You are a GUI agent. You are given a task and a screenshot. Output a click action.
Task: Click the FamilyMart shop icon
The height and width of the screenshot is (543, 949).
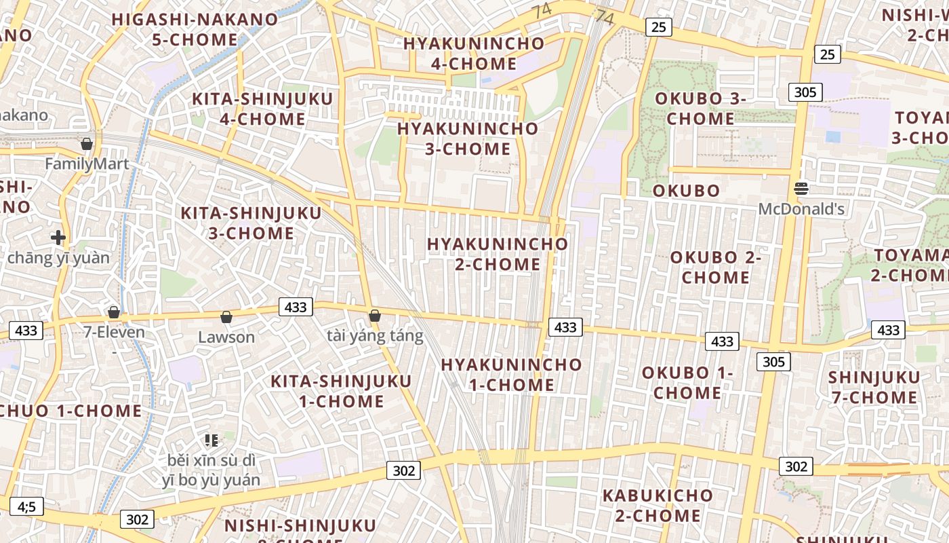[87, 144]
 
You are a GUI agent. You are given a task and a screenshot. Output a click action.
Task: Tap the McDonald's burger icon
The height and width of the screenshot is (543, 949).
[802, 189]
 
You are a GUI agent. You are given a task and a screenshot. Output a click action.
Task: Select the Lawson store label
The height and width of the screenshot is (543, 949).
[226, 337]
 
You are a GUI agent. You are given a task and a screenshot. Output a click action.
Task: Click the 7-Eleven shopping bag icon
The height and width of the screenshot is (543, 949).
[114, 312]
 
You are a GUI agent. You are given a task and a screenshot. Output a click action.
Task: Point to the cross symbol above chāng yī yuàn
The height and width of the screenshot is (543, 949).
[58, 238]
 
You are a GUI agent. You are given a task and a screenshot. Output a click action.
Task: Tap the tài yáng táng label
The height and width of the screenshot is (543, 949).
[375, 335]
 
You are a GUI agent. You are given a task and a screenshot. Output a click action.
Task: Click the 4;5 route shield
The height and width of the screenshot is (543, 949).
[26, 506]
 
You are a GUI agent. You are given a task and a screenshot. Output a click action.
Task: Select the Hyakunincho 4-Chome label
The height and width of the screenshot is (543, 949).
[474, 54]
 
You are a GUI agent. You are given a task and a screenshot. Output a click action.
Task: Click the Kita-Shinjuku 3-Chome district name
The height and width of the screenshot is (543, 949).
[251, 223]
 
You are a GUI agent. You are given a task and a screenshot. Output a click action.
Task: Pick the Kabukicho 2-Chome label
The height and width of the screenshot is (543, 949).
[658, 506]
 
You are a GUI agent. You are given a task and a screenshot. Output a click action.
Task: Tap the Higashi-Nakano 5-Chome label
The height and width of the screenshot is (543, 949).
[195, 29]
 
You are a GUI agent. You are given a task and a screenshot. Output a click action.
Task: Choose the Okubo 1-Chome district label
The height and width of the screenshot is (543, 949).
[687, 383]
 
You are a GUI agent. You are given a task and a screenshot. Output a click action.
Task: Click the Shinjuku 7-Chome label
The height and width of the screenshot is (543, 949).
[874, 387]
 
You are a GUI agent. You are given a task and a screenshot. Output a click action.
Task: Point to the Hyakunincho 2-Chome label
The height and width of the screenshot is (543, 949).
[498, 254]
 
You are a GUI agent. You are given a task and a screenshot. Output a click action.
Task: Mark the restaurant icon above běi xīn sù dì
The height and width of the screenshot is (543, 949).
[211, 441]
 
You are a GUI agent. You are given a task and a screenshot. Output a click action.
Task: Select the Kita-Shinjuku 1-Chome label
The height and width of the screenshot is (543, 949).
[341, 391]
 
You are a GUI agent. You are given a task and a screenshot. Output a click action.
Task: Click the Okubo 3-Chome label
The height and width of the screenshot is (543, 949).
[700, 109]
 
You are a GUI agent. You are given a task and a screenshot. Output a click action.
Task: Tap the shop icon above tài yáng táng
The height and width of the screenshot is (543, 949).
[375, 316]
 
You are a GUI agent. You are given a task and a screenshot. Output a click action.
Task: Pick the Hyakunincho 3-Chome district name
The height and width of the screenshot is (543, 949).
[468, 138]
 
